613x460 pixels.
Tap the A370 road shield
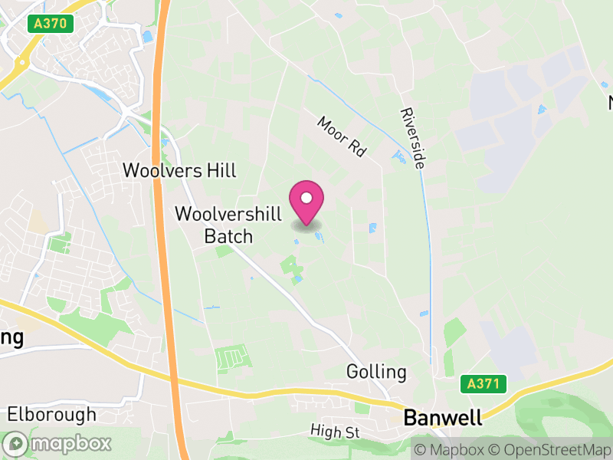[x=51, y=24]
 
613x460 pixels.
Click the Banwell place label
[x=443, y=418]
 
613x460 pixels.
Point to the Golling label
[x=376, y=372]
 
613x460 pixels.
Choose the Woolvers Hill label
[x=180, y=169]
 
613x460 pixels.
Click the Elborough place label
[x=51, y=415]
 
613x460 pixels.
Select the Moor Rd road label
[x=341, y=136]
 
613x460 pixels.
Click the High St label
[x=336, y=432]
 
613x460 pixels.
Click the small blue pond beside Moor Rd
[x=398, y=157]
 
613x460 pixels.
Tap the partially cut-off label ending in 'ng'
[x=11, y=337]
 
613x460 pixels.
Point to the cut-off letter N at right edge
[x=610, y=103]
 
